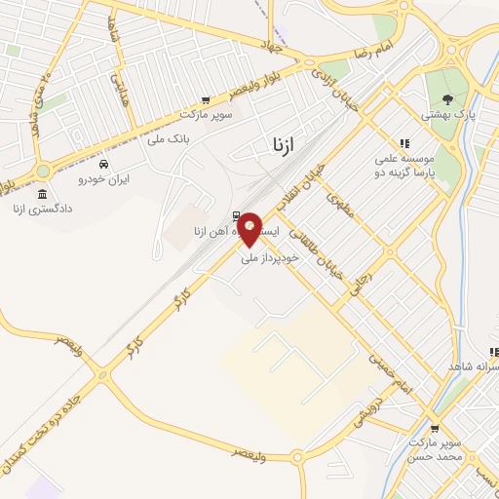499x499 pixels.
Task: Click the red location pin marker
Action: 249,229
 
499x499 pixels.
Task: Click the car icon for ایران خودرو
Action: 104,164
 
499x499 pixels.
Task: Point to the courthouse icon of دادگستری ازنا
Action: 42,195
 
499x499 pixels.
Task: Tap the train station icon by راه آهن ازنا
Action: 236,216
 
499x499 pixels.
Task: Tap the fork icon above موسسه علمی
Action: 404,142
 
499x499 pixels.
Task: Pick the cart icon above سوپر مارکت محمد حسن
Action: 435,427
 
